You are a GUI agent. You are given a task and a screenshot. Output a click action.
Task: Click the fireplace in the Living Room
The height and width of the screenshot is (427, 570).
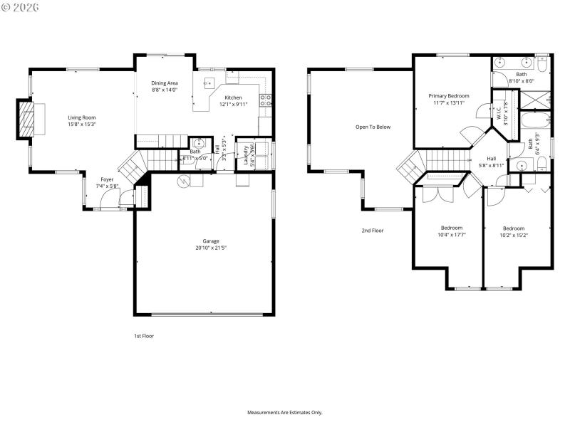(26, 118)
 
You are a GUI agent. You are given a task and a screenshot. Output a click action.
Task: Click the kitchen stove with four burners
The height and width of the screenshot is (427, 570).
(265, 100)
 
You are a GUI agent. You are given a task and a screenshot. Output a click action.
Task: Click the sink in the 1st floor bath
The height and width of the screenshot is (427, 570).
(199, 143)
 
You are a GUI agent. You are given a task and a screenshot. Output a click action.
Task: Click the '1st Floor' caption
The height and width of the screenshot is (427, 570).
(144, 336)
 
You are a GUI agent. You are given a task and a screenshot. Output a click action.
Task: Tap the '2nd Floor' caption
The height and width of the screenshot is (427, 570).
(372, 231)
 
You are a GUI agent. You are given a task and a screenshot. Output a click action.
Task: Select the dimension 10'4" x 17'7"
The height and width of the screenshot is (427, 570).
(451, 235)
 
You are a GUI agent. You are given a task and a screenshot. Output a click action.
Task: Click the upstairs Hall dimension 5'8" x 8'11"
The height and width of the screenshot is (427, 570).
(492, 165)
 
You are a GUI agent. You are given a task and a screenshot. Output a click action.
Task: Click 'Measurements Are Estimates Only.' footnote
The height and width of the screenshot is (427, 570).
(285, 412)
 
